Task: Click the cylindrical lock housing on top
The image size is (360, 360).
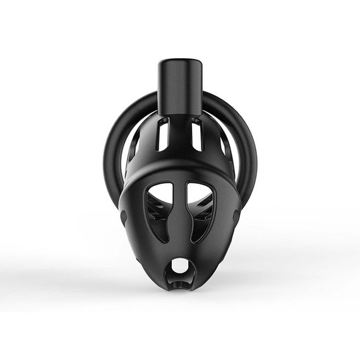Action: [180, 88]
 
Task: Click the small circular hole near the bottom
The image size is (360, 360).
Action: [181, 267]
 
